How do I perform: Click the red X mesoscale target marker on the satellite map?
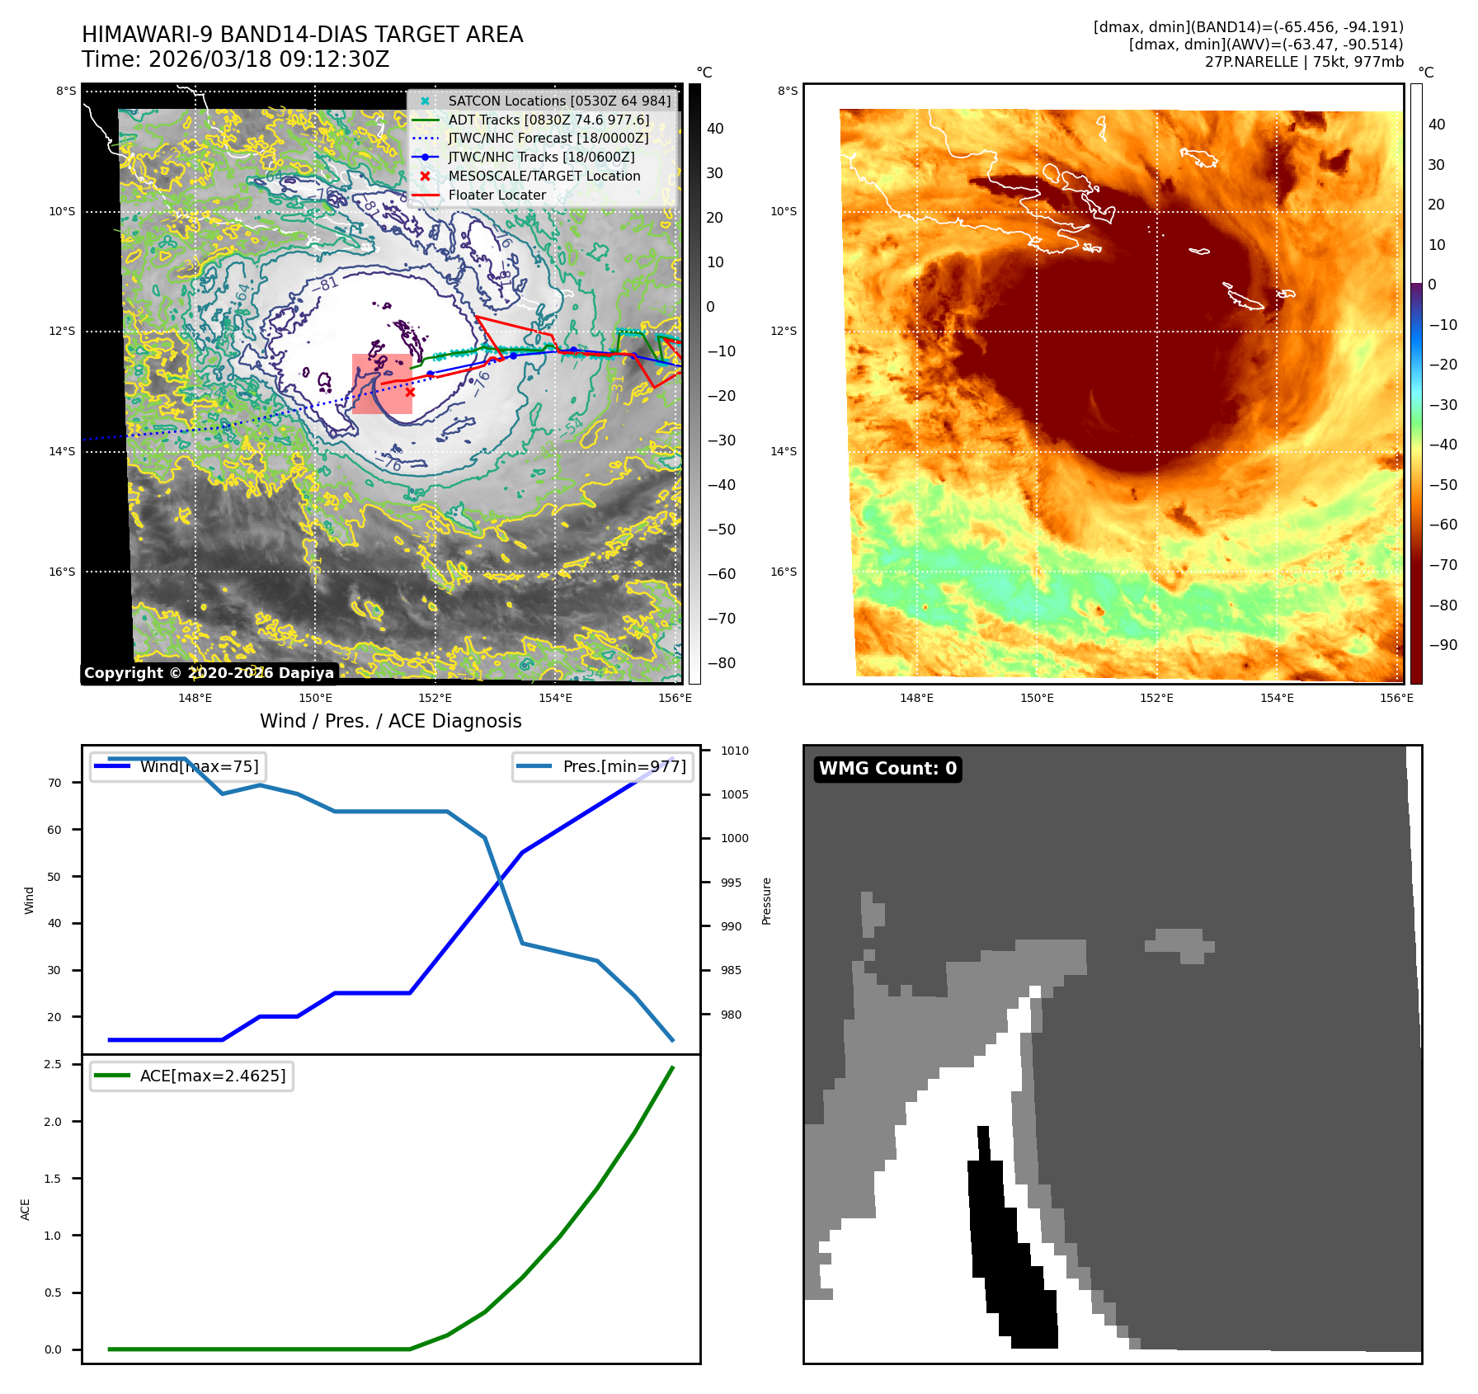click(x=410, y=393)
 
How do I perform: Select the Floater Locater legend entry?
click(x=497, y=195)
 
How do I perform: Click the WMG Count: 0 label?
click(x=887, y=769)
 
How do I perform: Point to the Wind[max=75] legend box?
click(x=178, y=766)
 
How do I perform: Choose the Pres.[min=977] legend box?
click(x=603, y=766)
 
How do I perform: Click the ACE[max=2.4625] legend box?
click(x=192, y=1076)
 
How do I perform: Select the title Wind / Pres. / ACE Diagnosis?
click(x=391, y=721)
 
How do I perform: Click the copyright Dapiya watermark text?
click(x=209, y=673)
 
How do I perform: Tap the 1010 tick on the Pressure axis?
click(x=734, y=751)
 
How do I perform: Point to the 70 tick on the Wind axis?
click(x=54, y=783)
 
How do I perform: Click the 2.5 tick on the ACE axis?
click(x=53, y=1064)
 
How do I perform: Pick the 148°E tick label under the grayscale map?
click(x=195, y=698)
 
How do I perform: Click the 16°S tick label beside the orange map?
click(x=784, y=572)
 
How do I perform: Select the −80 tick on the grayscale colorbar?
click(x=722, y=663)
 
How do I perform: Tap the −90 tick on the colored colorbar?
click(x=1443, y=645)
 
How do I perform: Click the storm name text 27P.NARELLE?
click(x=1251, y=62)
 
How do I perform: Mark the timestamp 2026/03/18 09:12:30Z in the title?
click(x=269, y=59)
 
